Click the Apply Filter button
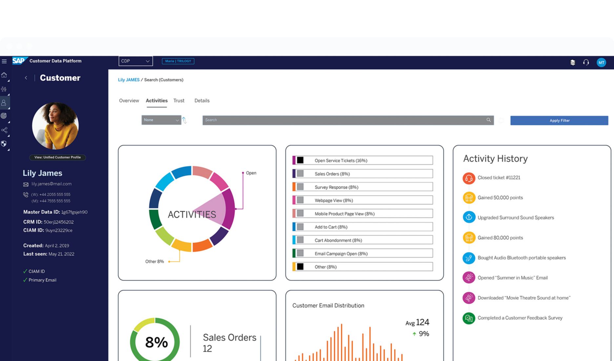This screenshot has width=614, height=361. (x=559, y=120)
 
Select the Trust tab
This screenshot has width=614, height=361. (x=179, y=101)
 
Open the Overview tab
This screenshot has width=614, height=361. (x=129, y=101)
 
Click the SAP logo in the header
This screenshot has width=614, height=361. (x=19, y=61)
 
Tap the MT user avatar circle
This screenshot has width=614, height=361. (x=601, y=62)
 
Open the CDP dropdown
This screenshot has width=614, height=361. (x=135, y=61)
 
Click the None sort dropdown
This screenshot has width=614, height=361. (x=161, y=120)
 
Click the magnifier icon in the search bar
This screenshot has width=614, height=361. (x=488, y=120)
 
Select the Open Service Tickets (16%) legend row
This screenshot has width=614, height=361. (x=362, y=160)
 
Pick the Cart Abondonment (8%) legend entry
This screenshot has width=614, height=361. (x=362, y=240)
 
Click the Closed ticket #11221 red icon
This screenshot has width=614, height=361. (x=469, y=178)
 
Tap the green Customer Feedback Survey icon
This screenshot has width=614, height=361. (x=469, y=318)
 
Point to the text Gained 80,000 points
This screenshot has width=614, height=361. (x=500, y=238)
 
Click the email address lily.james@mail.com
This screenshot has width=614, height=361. (x=51, y=184)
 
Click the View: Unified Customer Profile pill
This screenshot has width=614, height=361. (x=57, y=157)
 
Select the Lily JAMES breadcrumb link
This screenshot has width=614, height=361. (x=129, y=80)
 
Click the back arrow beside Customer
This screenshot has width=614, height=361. (x=26, y=78)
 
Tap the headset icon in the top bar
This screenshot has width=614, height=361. (x=586, y=62)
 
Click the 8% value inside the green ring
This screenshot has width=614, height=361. (x=156, y=342)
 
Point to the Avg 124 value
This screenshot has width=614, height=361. (x=417, y=323)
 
